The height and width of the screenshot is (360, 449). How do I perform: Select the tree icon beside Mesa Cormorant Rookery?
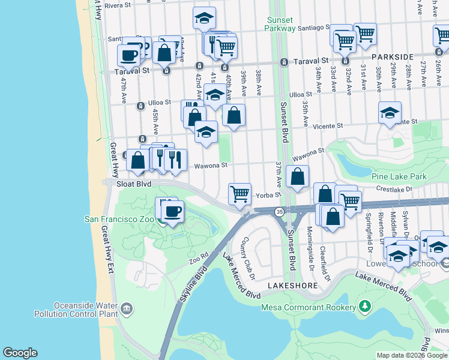click(364, 308)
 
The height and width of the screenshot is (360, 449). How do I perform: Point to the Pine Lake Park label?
click(399, 177)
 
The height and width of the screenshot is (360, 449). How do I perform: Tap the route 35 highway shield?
click(279, 212)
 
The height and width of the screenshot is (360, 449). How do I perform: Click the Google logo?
click(20, 353)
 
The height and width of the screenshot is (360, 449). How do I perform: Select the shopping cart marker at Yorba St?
click(240, 193)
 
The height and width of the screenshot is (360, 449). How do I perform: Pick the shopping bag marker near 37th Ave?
click(297, 176)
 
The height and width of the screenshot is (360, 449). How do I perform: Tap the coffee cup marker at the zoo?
click(173, 211)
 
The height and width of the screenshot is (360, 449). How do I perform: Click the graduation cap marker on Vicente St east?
click(390, 112)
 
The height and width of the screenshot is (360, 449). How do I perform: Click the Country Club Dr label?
click(249, 259)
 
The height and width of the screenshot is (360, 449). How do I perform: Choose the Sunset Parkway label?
click(281, 24)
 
